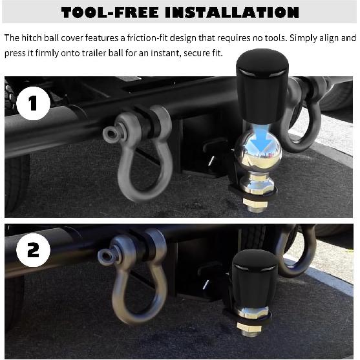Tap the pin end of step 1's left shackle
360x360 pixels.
click(x=113, y=132)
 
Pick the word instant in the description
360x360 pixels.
click(x=161, y=52)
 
